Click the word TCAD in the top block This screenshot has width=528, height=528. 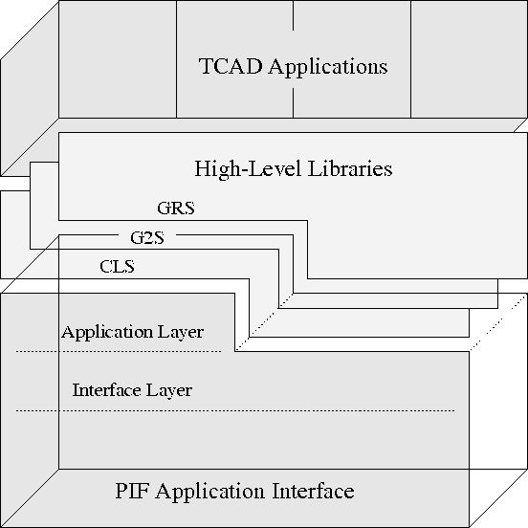(x=231, y=66)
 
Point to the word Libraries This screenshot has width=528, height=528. (x=350, y=168)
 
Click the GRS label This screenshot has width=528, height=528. (x=176, y=208)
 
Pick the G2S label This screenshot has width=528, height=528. (x=147, y=238)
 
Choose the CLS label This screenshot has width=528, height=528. (x=118, y=266)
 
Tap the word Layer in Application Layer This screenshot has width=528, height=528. (x=180, y=333)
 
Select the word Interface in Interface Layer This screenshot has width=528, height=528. (x=106, y=390)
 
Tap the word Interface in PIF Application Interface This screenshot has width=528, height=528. (x=313, y=491)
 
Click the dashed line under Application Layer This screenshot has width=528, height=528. (x=119, y=352)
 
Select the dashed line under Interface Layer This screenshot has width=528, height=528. (x=235, y=410)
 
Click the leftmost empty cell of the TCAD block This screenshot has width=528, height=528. (x=118, y=59)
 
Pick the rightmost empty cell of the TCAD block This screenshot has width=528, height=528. (x=469, y=59)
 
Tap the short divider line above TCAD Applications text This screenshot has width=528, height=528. (x=293, y=15)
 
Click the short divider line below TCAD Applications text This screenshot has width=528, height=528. (x=293, y=103)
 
